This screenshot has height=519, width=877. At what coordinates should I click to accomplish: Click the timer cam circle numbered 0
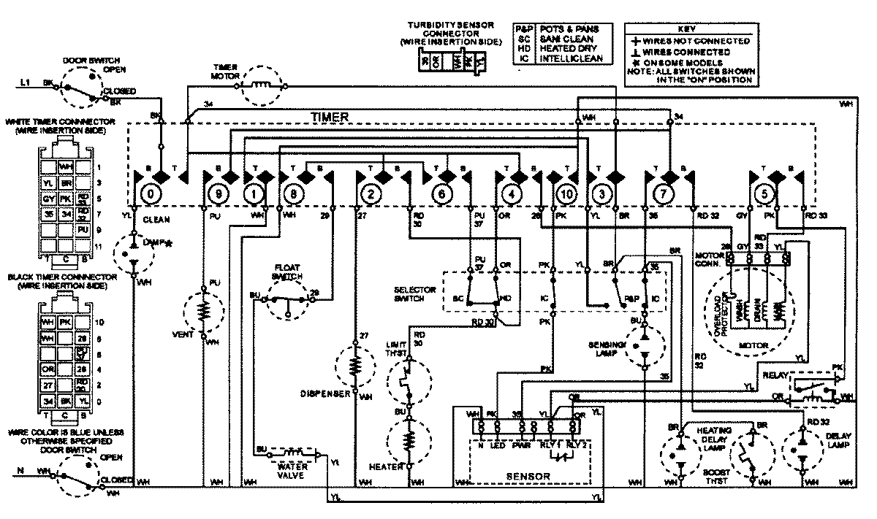point(151,195)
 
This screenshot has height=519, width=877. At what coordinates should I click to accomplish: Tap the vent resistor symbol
point(205,312)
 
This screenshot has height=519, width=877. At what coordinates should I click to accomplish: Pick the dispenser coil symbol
point(355,365)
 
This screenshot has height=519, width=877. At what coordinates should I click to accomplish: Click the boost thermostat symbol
point(751,453)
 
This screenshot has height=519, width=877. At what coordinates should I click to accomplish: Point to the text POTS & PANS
point(566,28)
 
